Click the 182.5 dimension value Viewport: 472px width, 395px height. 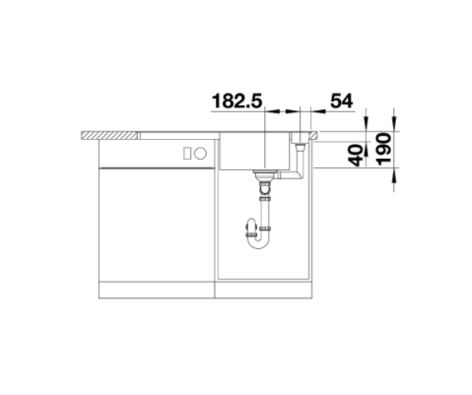coord(237,100)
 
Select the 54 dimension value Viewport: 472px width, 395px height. coord(342,100)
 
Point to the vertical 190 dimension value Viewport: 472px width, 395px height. coord(384,149)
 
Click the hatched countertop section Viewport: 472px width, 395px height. coord(109,135)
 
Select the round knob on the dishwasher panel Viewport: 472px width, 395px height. coord(200,153)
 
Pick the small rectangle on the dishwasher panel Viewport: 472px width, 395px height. coord(187,154)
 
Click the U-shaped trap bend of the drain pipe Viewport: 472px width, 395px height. coord(258,242)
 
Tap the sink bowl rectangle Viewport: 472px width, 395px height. coord(254,151)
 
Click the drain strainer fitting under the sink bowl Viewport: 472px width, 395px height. coord(264,174)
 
